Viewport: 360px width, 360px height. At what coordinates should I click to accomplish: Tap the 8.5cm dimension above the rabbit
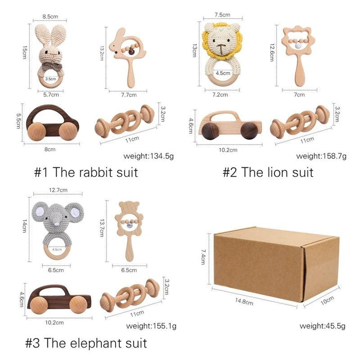[x=50, y=16]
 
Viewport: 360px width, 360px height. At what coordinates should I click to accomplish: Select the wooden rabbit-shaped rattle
[x=128, y=58]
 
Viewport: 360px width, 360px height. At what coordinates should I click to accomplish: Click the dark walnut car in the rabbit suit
[x=52, y=122]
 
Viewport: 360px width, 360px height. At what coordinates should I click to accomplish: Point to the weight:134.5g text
[x=149, y=156]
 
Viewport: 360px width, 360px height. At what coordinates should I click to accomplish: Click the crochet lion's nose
[x=221, y=46]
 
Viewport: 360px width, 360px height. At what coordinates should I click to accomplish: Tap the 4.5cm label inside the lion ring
[x=223, y=73]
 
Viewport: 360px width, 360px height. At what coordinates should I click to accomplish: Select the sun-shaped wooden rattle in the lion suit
[x=297, y=57]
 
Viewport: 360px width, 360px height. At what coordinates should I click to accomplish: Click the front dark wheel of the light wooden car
[x=210, y=131]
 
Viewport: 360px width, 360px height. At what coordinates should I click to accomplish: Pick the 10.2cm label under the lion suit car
[x=228, y=150]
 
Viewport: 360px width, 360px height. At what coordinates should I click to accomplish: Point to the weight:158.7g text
[x=321, y=156]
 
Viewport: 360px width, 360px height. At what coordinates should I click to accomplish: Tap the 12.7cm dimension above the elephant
[x=58, y=190]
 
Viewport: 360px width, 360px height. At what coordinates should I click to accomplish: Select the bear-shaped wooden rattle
[x=129, y=231]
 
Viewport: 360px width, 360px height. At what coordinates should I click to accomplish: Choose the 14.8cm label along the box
[x=244, y=301]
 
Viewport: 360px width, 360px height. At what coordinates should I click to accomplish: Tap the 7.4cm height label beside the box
[x=203, y=257]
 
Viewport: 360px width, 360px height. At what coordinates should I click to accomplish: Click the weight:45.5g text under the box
[x=322, y=326]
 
